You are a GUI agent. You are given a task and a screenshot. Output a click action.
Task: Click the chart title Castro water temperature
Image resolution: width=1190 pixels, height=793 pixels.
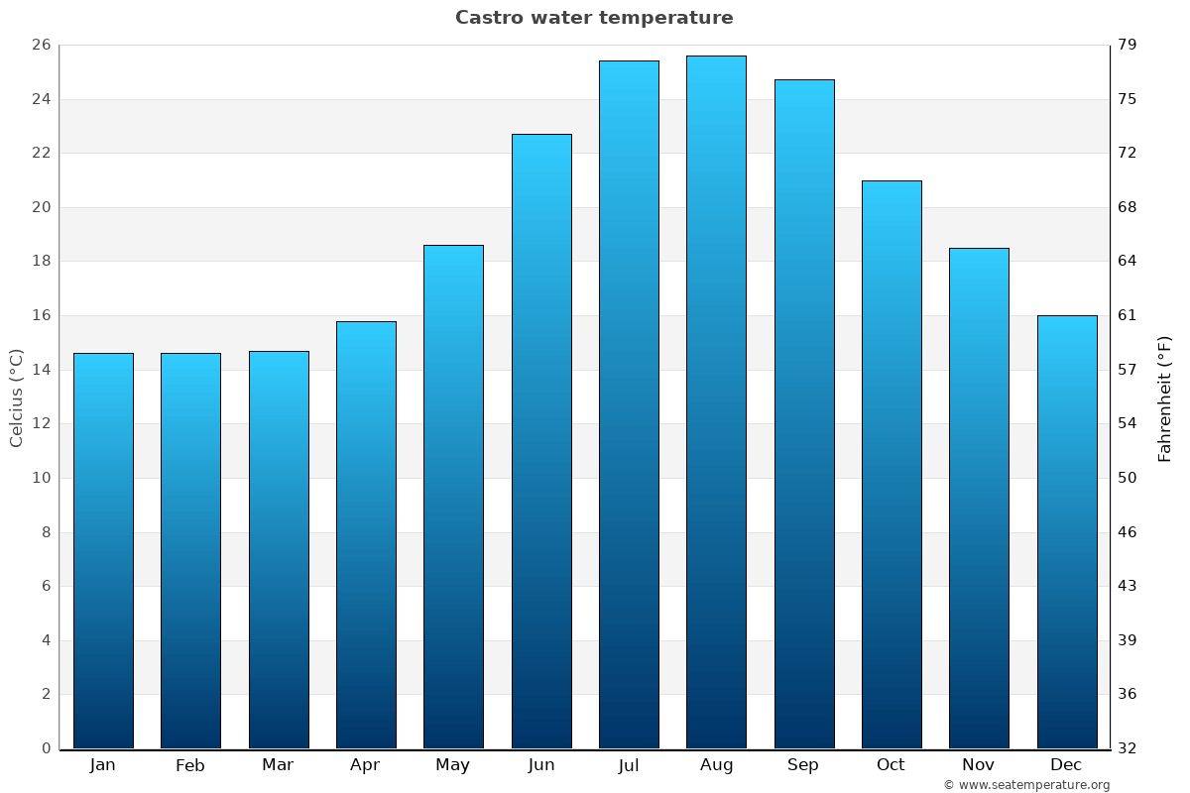coord(594,18)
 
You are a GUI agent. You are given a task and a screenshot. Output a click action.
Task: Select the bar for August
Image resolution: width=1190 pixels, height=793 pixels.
coord(716,401)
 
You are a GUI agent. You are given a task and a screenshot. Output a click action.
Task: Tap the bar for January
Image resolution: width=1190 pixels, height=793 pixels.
coord(103,550)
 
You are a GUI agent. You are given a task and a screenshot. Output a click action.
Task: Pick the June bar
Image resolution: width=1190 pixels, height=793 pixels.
coord(541,441)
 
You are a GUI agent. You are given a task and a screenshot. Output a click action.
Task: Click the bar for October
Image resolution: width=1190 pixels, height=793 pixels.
coord(892,464)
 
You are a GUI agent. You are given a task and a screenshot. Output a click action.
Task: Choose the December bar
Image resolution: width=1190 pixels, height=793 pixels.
coord(1067,531)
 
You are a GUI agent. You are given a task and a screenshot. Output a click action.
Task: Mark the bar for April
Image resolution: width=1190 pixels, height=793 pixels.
coord(366,534)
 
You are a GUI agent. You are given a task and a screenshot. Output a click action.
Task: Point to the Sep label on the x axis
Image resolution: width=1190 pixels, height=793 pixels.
coord(803,765)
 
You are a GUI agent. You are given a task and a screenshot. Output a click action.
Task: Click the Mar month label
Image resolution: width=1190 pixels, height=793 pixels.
coord(278,765)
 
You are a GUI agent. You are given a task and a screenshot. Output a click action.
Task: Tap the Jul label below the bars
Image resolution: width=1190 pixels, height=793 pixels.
coord(629,765)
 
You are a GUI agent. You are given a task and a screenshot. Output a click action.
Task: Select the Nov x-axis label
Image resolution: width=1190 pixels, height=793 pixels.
coord(979,765)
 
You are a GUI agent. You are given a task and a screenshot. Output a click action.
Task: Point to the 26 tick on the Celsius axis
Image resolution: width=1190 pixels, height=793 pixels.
coord(41,45)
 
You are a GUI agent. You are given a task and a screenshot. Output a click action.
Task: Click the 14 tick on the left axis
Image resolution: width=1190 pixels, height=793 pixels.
coord(41,370)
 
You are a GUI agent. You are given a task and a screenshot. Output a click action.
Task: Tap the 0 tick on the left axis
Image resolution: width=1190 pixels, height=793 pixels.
coord(46,748)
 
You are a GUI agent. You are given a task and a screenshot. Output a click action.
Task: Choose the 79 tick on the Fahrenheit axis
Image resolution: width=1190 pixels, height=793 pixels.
coord(1129,45)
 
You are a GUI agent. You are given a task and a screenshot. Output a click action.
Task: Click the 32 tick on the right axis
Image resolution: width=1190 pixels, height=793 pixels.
coord(1129,748)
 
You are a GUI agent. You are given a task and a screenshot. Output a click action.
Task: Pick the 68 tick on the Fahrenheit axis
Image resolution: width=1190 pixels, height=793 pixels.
coord(1129,207)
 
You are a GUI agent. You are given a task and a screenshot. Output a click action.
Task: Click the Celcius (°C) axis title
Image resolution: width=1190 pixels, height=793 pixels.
coord(17,397)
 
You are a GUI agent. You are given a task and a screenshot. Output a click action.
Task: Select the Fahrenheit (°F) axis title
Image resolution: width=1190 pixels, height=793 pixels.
coord(1165,397)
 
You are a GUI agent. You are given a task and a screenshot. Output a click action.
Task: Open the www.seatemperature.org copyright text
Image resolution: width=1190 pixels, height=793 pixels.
coord(1026,785)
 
